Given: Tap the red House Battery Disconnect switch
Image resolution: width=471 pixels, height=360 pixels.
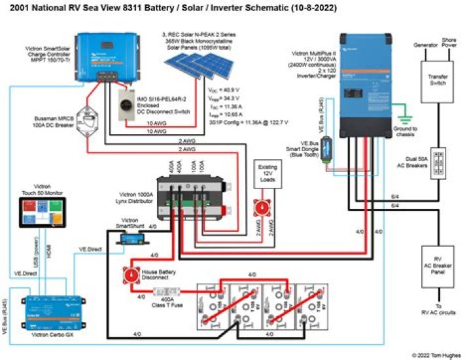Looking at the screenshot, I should (129, 274).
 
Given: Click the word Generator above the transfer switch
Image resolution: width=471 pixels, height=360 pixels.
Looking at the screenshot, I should (426, 45).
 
